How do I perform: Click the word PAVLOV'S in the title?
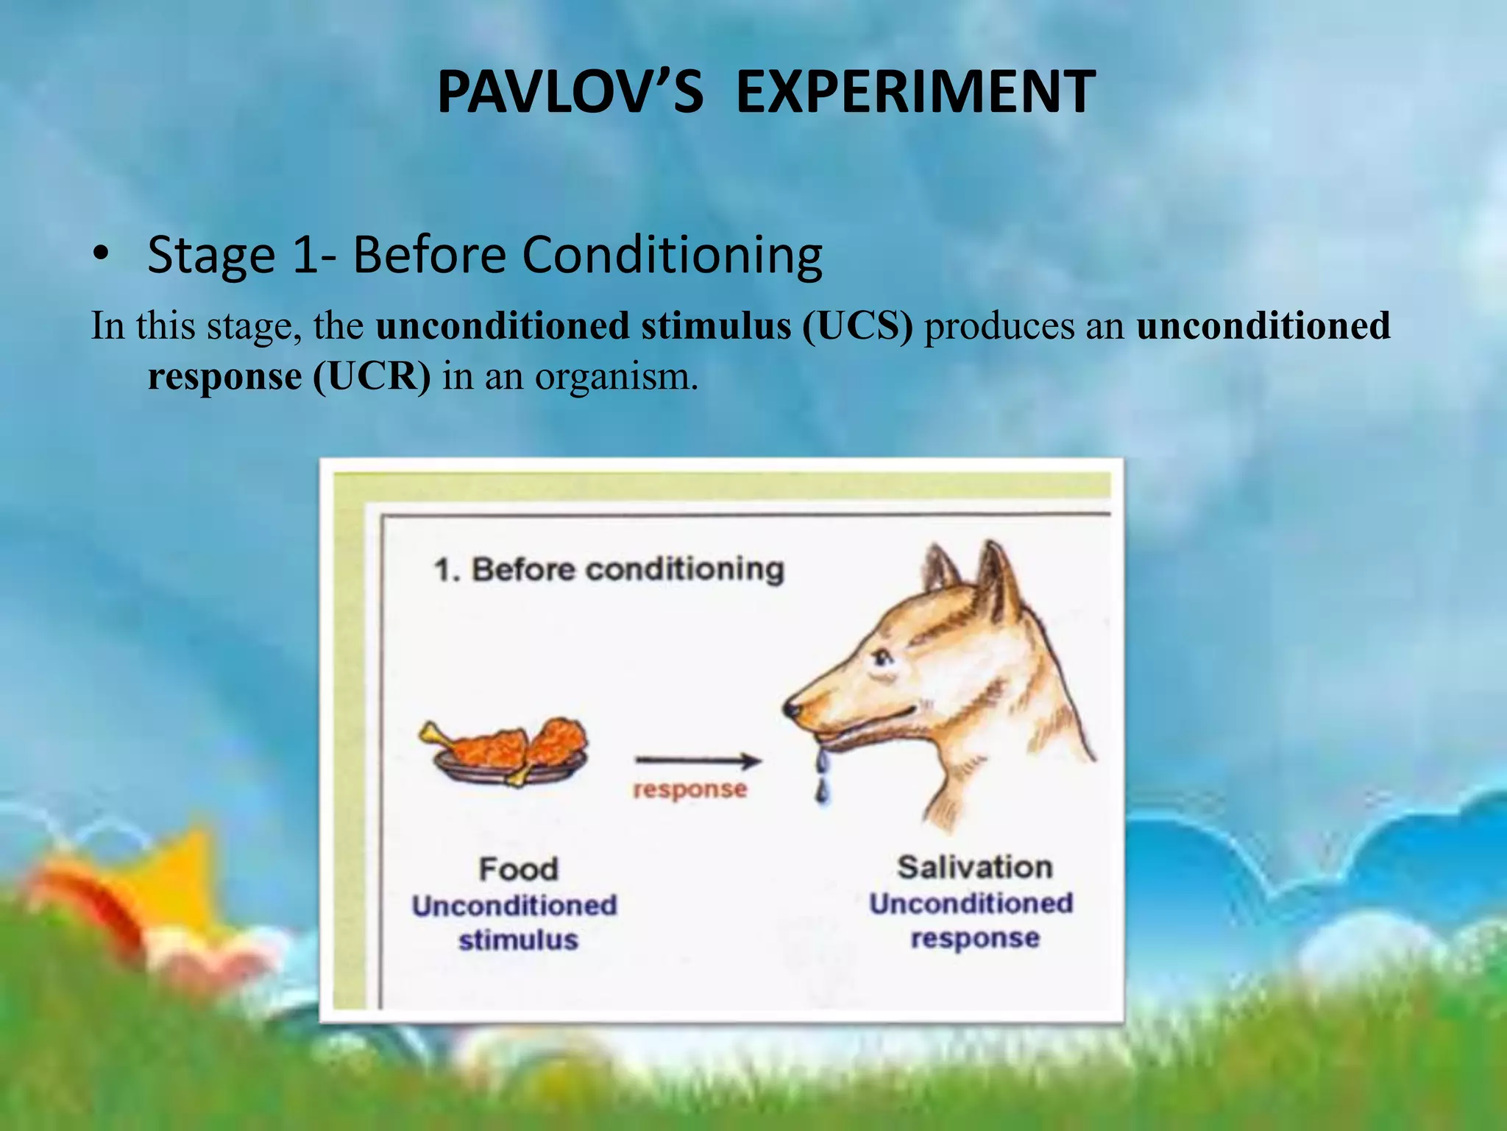(x=570, y=92)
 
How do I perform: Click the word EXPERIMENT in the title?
(x=915, y=92)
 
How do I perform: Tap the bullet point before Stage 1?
(x=101, y=254)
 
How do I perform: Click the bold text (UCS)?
(x=857, y=326)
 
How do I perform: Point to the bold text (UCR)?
(x=372, y=376)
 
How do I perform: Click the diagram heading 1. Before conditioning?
(x=609, y=569)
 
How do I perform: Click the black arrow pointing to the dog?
(x=698, y=761)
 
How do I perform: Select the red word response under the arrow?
(x=689, y=789)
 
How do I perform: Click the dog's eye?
(x=882, y=658)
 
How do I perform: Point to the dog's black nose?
(x=792, y=709)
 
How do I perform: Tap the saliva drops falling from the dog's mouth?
(x=823, y=773)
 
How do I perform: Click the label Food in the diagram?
(x=518, y=869)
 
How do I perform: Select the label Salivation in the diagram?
(x=974, y=867)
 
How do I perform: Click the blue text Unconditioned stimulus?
(x=515, y=922)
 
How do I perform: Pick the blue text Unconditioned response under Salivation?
(x=972, y=920)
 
